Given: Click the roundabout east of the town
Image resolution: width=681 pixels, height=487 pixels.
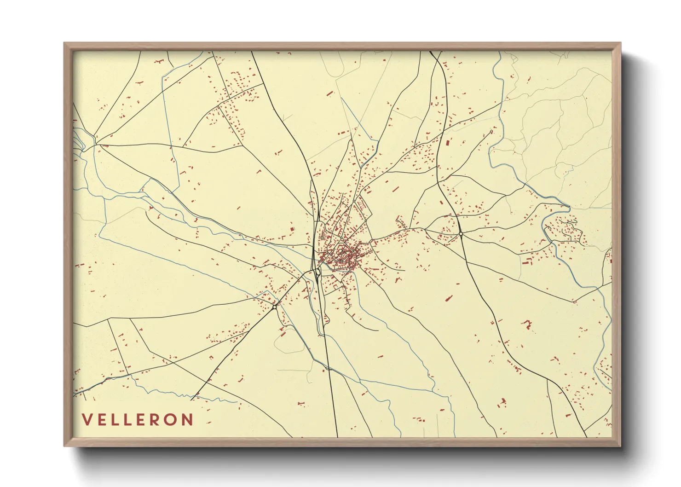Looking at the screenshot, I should pos(461,234).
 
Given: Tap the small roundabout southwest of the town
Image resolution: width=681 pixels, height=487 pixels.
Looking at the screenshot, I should pos(275,307).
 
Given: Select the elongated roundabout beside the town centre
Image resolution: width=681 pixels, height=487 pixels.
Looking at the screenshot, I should pos(318,273).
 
